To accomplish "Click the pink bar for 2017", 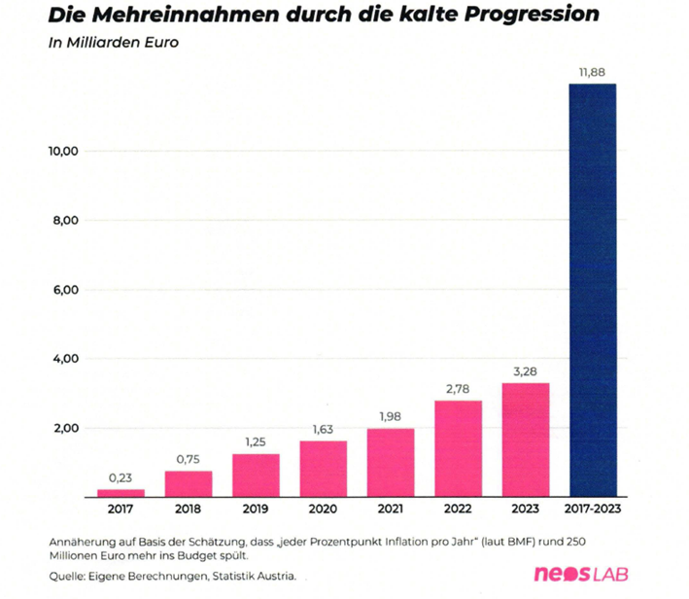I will pyautogui.click(x=121, y=492).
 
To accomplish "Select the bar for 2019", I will pyautogui.click(x=256, y=475).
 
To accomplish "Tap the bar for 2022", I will pyautogui.click(x=458, y=448).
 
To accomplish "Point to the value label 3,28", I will pyautogui.click(x=526, y=370).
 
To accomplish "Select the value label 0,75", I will pyautogui.click(x=189, y=458).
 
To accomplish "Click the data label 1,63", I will pyautogui.click(x=323, y=428).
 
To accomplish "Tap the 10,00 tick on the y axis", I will pyautogui.click(x=63, y=152).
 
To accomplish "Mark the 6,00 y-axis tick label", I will pyautogui.click(x=64, y=290).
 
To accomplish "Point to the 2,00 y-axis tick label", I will pyautogui.click(x=64, y=429).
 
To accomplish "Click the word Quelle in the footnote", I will pyautogui.click(x=66, y=576).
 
